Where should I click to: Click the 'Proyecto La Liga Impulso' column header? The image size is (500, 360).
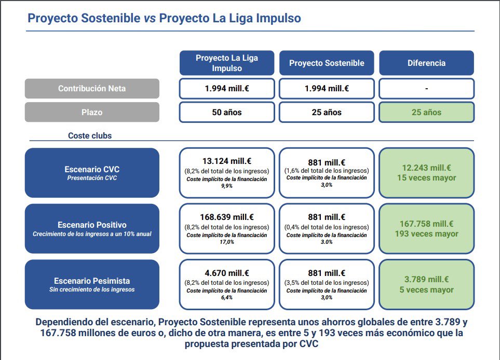227,63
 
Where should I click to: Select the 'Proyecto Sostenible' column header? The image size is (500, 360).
327,63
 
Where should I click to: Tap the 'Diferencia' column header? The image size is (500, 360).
426,63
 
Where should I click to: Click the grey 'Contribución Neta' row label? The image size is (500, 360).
92,88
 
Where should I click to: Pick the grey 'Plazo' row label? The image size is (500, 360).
92,112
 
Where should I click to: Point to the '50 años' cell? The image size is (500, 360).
227,112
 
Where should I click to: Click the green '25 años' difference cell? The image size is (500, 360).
426,112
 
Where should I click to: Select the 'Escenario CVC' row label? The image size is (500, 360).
92,173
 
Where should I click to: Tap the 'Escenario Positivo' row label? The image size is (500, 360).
92,228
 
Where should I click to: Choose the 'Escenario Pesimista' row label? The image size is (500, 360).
92,284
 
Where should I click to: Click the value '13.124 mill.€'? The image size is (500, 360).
227,161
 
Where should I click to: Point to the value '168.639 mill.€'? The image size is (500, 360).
227,217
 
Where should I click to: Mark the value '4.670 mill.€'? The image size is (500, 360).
227,273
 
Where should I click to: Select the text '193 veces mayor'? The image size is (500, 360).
426,234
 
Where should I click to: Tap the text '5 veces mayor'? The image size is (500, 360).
426,290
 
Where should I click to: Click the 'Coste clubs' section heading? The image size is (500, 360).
90,136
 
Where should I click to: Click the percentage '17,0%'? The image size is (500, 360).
227,242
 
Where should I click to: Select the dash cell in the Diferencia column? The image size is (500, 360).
426,89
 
